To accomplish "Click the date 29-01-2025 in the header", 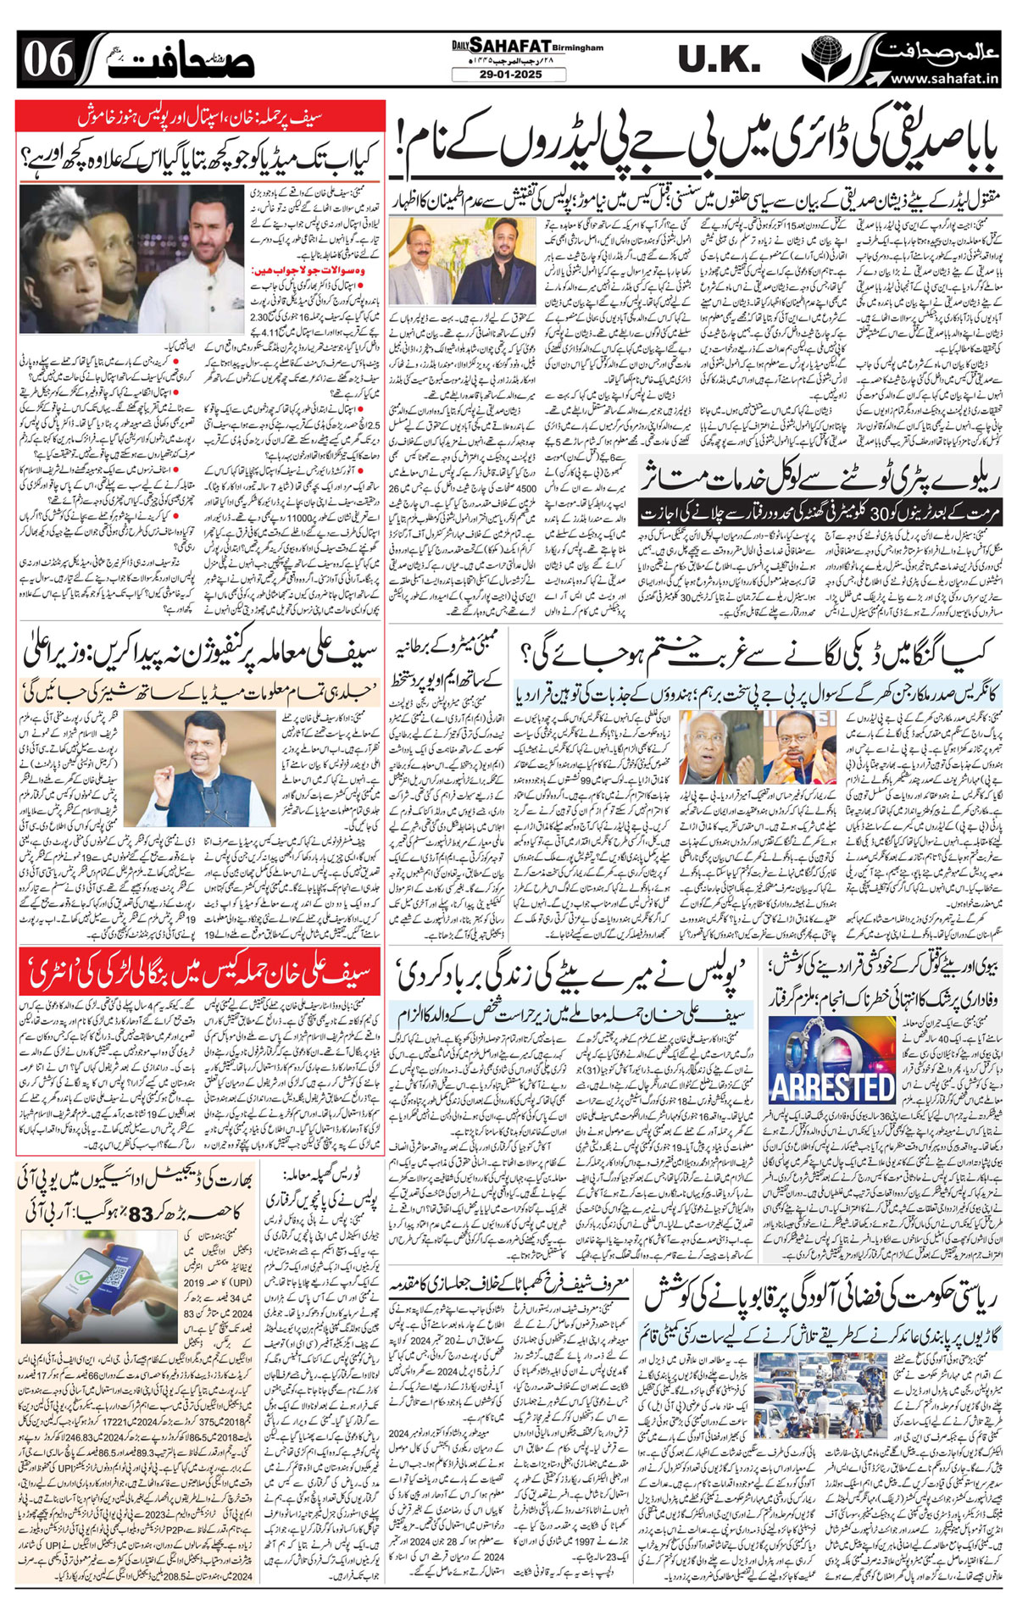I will (x=509, y=75).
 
